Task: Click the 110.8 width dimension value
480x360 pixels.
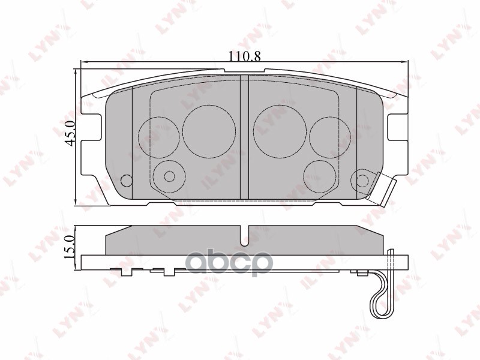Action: [x=244, y=56]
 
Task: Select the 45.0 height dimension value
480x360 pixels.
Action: [x=70, y=133]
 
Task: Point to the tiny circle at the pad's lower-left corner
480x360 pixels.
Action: [x=126, y=181]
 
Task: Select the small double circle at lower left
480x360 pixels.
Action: [x=169, y=176]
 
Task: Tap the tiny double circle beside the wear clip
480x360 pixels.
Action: [x=361, y=179]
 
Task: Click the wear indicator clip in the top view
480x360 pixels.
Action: [x=384, y=191]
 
